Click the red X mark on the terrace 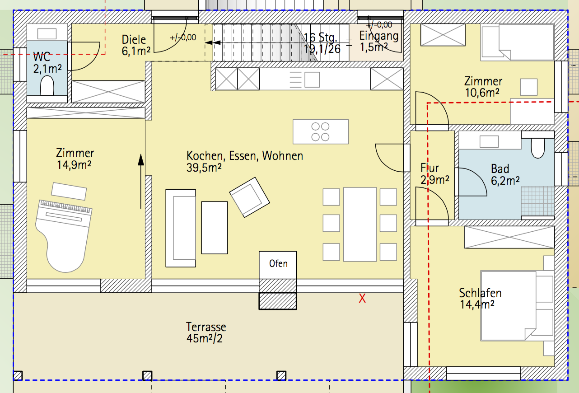pyautogui.click(x=362, y=299)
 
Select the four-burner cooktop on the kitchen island pyautogui.click(x=320, y=131)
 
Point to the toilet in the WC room pyautogui.click(x=47, y=85)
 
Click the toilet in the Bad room pyautogui.click(x=538, y=148)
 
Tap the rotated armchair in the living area pyautogui.click(x=249, y=197)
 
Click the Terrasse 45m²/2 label pyautogui.click(x=206, y=332)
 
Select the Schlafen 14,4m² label pyautogui.click(x=480, y=299)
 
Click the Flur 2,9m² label pyautogui.click(x=434, y=174)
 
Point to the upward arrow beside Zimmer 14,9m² pyautogui.click(x=141, y=181)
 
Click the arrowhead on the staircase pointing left pyautogui.click(x=213, y=42)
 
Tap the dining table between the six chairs pyautogui.click(x=360, y=225)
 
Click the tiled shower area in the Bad pyautogui.click(x=537, y=201)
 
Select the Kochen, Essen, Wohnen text pyautogui.click(x=244, y=156)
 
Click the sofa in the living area pyautogui.click(x=181, y=228)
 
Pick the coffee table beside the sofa pyautogui.click(x=215, y=228)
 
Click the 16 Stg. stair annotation pyautogui.click(x=320, y=38)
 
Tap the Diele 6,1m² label pyautogui.click(x=136, y=45)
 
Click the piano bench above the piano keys pyautogui.click(x=69, y=192)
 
